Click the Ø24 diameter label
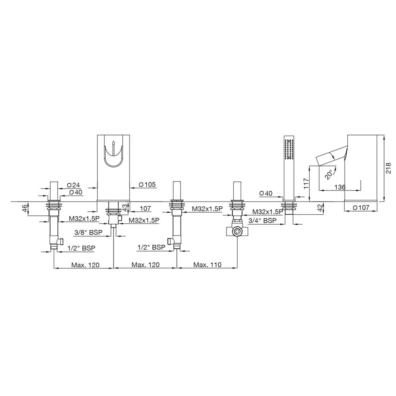[x=74, y=185]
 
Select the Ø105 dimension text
[x=147, y=185]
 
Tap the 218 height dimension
[x=389, y=168]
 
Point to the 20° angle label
[x=329, y=175]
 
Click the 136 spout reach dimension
[x=340, y=187]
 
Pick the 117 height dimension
[x=306, y=183]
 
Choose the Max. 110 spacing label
[x=208, y=265]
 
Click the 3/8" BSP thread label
[x=89, y=232]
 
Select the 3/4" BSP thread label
[x=263, y=221]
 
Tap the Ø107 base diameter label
[x=361, y=208]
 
